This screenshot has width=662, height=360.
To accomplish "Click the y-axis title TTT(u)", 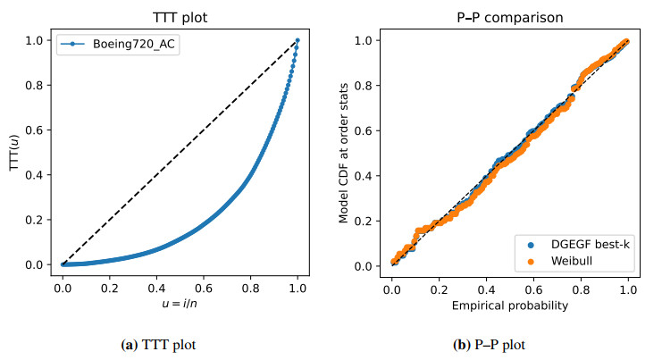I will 14,153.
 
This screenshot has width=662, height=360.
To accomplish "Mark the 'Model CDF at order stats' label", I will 345,153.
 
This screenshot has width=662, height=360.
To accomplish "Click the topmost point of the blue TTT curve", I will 297,40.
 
